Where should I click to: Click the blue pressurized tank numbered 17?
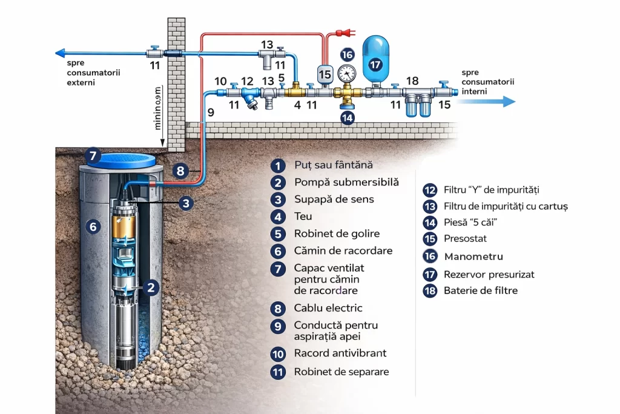tap(375, 60)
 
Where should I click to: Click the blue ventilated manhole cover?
tap(118, 159)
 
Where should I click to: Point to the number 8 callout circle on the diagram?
tap(179, 170)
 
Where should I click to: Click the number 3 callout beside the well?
tap(186, 203)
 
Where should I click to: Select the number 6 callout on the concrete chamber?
tap(93, 227)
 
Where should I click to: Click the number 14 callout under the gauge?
tap(347, 118)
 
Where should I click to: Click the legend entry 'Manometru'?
tap(473, 256)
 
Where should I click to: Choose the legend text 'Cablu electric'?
tap(328, 308)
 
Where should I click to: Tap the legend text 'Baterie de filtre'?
tap(481, 290)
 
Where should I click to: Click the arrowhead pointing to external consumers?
tap(56, 53)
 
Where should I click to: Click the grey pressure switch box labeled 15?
tap(325, 74)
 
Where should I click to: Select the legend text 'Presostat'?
tap(465, 239)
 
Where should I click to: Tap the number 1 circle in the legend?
tap(277, 165)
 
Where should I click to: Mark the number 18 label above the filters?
tap(412, 81)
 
